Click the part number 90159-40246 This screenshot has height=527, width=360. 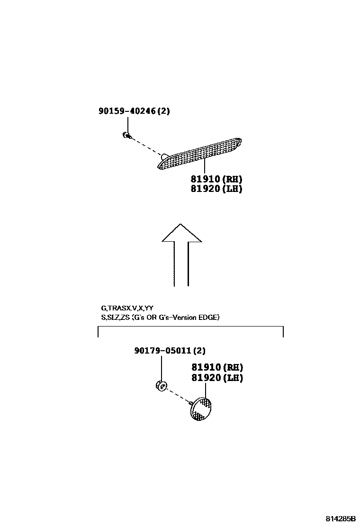[x=127, y=111]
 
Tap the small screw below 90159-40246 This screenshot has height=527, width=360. [x=126, y=136]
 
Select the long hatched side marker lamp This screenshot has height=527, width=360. [x=201, y=152]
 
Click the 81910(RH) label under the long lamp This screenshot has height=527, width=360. [x=216, y=179]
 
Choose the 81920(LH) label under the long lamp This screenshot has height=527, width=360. [x=216, y=189]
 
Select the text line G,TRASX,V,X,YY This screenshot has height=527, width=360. [x=126, y=308]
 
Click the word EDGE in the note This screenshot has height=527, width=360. [x=208, y=318]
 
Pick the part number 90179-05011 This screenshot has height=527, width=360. [x=162, y=351]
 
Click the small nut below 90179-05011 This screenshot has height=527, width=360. [x=161, y=386]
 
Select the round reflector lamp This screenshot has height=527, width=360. [x=201, y=409]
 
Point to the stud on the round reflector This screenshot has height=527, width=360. [x=190, y=403]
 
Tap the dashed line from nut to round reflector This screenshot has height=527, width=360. [x=178, y=396]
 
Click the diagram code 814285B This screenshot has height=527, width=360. [x=340, y=519]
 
